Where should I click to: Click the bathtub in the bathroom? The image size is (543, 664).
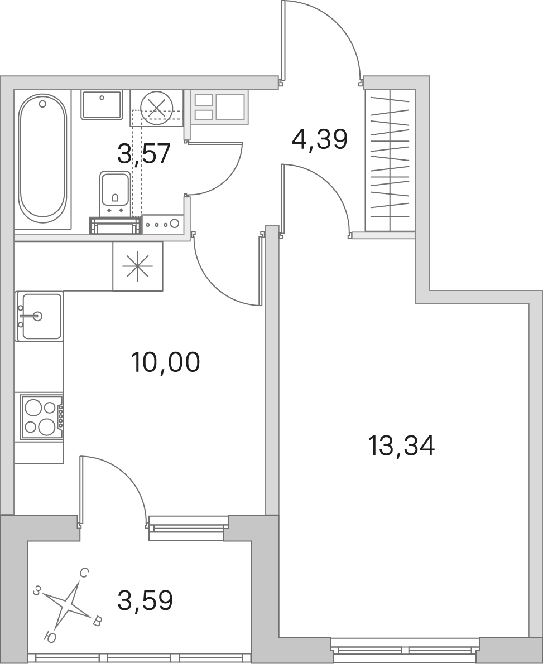click(42, 159)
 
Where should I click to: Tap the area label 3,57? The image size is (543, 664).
click(144, 153)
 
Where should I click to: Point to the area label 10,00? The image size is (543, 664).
click(165, 362)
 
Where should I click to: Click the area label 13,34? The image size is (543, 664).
click(401, 446)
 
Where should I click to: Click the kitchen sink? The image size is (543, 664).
click(40, 316)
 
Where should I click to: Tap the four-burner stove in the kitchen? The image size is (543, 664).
click(39, 417)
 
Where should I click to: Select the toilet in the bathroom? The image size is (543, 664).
click(114, 193)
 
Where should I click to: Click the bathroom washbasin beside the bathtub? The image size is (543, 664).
click(102, 104)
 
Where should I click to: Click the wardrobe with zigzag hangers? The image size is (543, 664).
click(390, 160)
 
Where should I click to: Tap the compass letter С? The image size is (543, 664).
click(84, 573)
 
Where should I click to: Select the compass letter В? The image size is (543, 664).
click(97, 622)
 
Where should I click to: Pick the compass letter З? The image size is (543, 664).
click(38, 590)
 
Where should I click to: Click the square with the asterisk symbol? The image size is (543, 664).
click(137, 266)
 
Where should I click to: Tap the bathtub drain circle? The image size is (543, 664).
click(42, 103)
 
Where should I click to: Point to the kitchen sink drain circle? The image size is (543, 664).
click(38, 316)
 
